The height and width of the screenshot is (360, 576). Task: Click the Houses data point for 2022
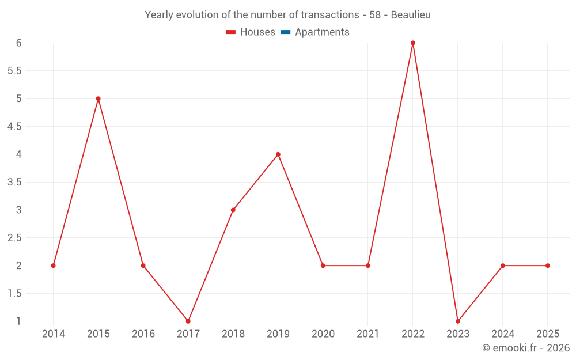pyautogui.click(x=412, y=43)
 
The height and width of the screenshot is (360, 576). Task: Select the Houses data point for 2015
pyautogui.click(x=98, y=98)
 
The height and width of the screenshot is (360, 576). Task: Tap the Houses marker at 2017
pyautogui.click(x=188, y=321)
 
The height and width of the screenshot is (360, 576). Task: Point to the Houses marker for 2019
pyautogui.click(x=278, y=154)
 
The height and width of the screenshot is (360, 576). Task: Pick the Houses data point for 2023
pyautogui.click(x=457, y=321)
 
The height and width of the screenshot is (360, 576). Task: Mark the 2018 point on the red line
pyautogui.click(x=233, y=210)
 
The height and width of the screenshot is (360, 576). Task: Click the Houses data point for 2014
pyautogui.click(x=53, y=266)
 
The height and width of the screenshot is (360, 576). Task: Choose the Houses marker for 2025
pyautogui.click(x=547, y=266)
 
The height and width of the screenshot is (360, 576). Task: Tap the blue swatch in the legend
pyautogui.click(x=285, y=32)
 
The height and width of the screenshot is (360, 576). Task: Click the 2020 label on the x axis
pyautogui.click(x=323, y=334)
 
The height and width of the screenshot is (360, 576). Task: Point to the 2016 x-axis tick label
pyautogui.click(x=143, y=334)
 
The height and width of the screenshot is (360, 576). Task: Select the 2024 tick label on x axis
pyautogui.click(x=502, y=334)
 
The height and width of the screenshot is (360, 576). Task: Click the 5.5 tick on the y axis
pyautogui.click(x=14, y=71)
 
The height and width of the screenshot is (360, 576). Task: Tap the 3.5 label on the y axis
pyautogui.click(x=14, y=182)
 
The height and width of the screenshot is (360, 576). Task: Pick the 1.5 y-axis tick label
pyautogui.click(x=14, y=293)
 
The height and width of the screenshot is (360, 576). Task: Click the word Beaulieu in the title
pyautogui.click(x=411, y=15)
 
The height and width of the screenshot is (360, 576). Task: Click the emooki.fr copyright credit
pyautogui.click(x=525, y=348)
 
